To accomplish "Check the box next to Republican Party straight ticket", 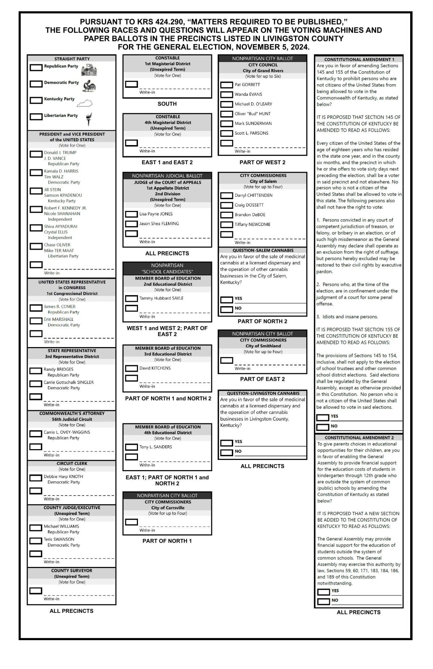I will click(x=36, y=68).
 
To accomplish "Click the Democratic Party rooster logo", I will click(x=90, y=86).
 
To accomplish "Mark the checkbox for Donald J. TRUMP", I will click(x=36, y=154).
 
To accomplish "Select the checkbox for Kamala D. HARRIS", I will click(x=36, y=172).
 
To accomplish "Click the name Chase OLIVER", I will click(x=57, y=245).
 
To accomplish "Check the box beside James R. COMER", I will click(x=36, y=308).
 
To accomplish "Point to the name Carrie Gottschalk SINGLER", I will click(x=68, y=382).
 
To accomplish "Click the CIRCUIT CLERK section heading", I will click(x=72, y=463).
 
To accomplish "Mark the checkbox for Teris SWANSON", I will click(x=36, y=541).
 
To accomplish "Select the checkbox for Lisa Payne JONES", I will click(x=131, y=214).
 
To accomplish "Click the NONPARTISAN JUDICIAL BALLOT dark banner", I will click(x=167, y=176).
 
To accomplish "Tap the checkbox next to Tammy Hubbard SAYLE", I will click(x=131, y=298).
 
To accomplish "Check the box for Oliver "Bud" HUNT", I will click(x=227, y=114).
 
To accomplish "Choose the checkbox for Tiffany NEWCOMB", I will click(x=227, y=225).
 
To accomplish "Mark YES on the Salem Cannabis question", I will click(x=227, y=300).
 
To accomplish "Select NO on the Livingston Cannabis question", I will click(x=227, y=452).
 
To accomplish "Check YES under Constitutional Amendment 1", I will click(x=323, y=417).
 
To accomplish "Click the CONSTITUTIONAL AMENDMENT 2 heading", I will click(x=359, y=438).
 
